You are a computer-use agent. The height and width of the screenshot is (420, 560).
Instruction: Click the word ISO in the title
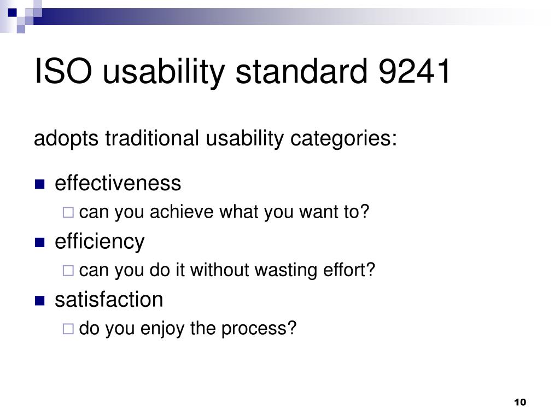click(63, 71)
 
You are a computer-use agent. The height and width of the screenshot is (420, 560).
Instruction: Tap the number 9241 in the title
click(415, 71)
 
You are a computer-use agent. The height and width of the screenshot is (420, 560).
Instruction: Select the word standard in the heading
click(302, 71)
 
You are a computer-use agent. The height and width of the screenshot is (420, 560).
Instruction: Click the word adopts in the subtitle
click(66, 139)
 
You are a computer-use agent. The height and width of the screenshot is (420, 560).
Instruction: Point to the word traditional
click(152, 138)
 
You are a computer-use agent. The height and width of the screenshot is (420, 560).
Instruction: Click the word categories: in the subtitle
click(343, 139)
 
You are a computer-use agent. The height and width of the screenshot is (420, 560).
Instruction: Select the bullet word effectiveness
click(118, 183)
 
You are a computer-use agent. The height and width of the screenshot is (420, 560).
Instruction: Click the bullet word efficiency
click(100, 242)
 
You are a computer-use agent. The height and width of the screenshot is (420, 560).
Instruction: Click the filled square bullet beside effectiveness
click(39, 184)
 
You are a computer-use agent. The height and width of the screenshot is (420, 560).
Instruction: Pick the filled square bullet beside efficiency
click(39, 242)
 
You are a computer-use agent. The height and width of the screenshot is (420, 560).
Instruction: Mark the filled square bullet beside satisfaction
click(39, 301)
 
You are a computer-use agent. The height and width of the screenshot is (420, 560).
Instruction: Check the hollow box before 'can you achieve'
click(68, 213)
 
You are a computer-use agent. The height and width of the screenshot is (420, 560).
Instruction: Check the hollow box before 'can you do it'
click(68, 271)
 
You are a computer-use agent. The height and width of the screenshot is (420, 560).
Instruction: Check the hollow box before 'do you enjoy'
click(68, 329)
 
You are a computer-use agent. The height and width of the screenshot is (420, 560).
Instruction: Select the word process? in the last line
click(259, 329)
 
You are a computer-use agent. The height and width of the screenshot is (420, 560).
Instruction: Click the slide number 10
click(520, 402)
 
